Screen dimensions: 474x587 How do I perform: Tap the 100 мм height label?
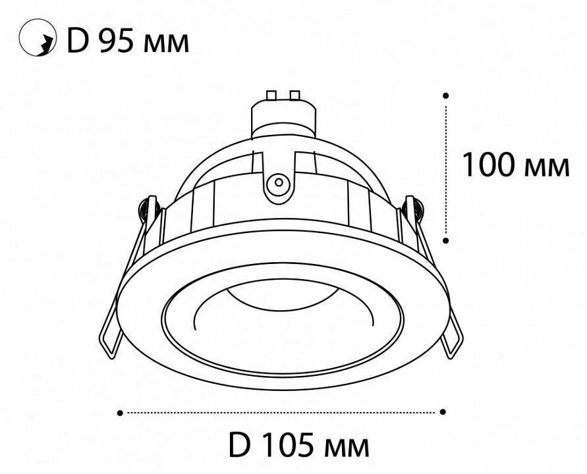pos(515,165)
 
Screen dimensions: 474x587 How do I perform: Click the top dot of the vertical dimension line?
pos(446,95)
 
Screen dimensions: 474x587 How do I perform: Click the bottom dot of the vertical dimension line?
pos(446,241)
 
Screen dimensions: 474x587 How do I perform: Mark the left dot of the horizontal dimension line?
pos(120,413)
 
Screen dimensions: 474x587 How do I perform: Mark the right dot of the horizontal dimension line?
pos(443,413)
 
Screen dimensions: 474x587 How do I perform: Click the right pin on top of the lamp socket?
pos(294,95)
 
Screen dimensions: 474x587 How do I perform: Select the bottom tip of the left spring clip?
pos(107,349)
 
